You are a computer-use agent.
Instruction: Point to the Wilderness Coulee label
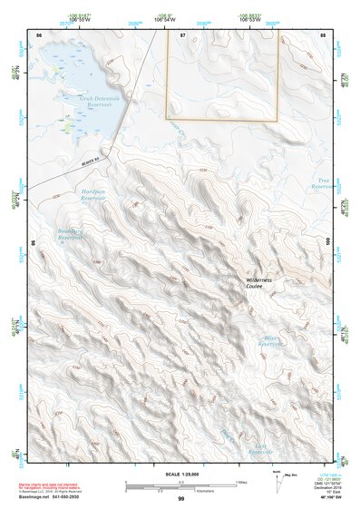pyautogui.click(x=264, y=284)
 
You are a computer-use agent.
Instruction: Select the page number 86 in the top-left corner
pyautogui.click(x=38, y=34)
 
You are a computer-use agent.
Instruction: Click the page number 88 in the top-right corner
pyautogui.click(x=323, y=34)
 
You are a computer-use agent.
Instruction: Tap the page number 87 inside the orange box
pyautogui.click(x=183, y=34)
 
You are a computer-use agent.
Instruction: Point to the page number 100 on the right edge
pyautogui.click(x=326, y=241)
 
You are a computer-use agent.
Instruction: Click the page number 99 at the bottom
pyautogui.click(x=180, y=499)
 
